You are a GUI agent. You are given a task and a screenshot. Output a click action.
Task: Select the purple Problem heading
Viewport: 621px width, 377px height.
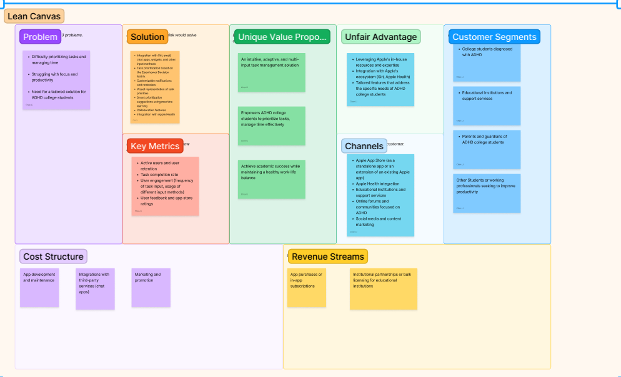tap(40, 37)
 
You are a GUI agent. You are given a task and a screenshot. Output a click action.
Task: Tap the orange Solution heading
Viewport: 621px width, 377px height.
tap(147, 37)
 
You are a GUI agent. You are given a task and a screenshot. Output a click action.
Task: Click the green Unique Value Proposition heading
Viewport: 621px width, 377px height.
tap(282, 37)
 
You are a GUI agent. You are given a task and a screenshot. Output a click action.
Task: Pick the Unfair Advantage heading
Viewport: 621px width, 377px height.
tap(380, 37)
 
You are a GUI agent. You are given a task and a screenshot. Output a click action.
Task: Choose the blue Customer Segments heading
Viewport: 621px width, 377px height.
tap(494, 37)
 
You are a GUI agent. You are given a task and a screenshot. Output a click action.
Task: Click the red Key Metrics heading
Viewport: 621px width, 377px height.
tap(155, 146)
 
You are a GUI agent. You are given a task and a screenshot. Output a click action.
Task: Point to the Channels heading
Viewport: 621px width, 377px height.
tap(364, 146)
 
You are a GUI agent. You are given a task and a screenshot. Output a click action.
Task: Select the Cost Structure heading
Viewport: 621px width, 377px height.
tap(53, 256)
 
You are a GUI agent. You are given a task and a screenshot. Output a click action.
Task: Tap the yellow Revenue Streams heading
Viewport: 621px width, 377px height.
tap(327, 256)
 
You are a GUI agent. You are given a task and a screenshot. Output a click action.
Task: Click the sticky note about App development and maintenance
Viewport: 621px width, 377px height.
tap(39, 287)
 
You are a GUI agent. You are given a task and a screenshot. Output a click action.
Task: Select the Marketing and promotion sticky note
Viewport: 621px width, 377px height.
tap(151, 287)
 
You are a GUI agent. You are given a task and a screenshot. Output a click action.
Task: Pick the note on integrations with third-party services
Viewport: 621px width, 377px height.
tap(96, 287)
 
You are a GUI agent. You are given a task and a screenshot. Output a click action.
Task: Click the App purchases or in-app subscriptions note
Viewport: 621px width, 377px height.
tap(306, 287)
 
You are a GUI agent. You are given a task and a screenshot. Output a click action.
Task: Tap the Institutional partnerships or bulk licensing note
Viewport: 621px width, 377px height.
tap(383, 288)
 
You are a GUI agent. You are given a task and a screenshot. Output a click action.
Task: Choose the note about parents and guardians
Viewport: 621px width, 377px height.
tap(487, 149)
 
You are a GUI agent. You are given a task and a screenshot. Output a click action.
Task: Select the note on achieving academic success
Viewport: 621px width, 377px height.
tap(272, 179)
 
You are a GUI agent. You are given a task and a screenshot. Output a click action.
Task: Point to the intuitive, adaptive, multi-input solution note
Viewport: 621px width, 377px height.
tap(272, 72)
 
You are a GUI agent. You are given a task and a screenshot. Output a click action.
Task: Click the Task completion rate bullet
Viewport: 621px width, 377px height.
tap(159, 175)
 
